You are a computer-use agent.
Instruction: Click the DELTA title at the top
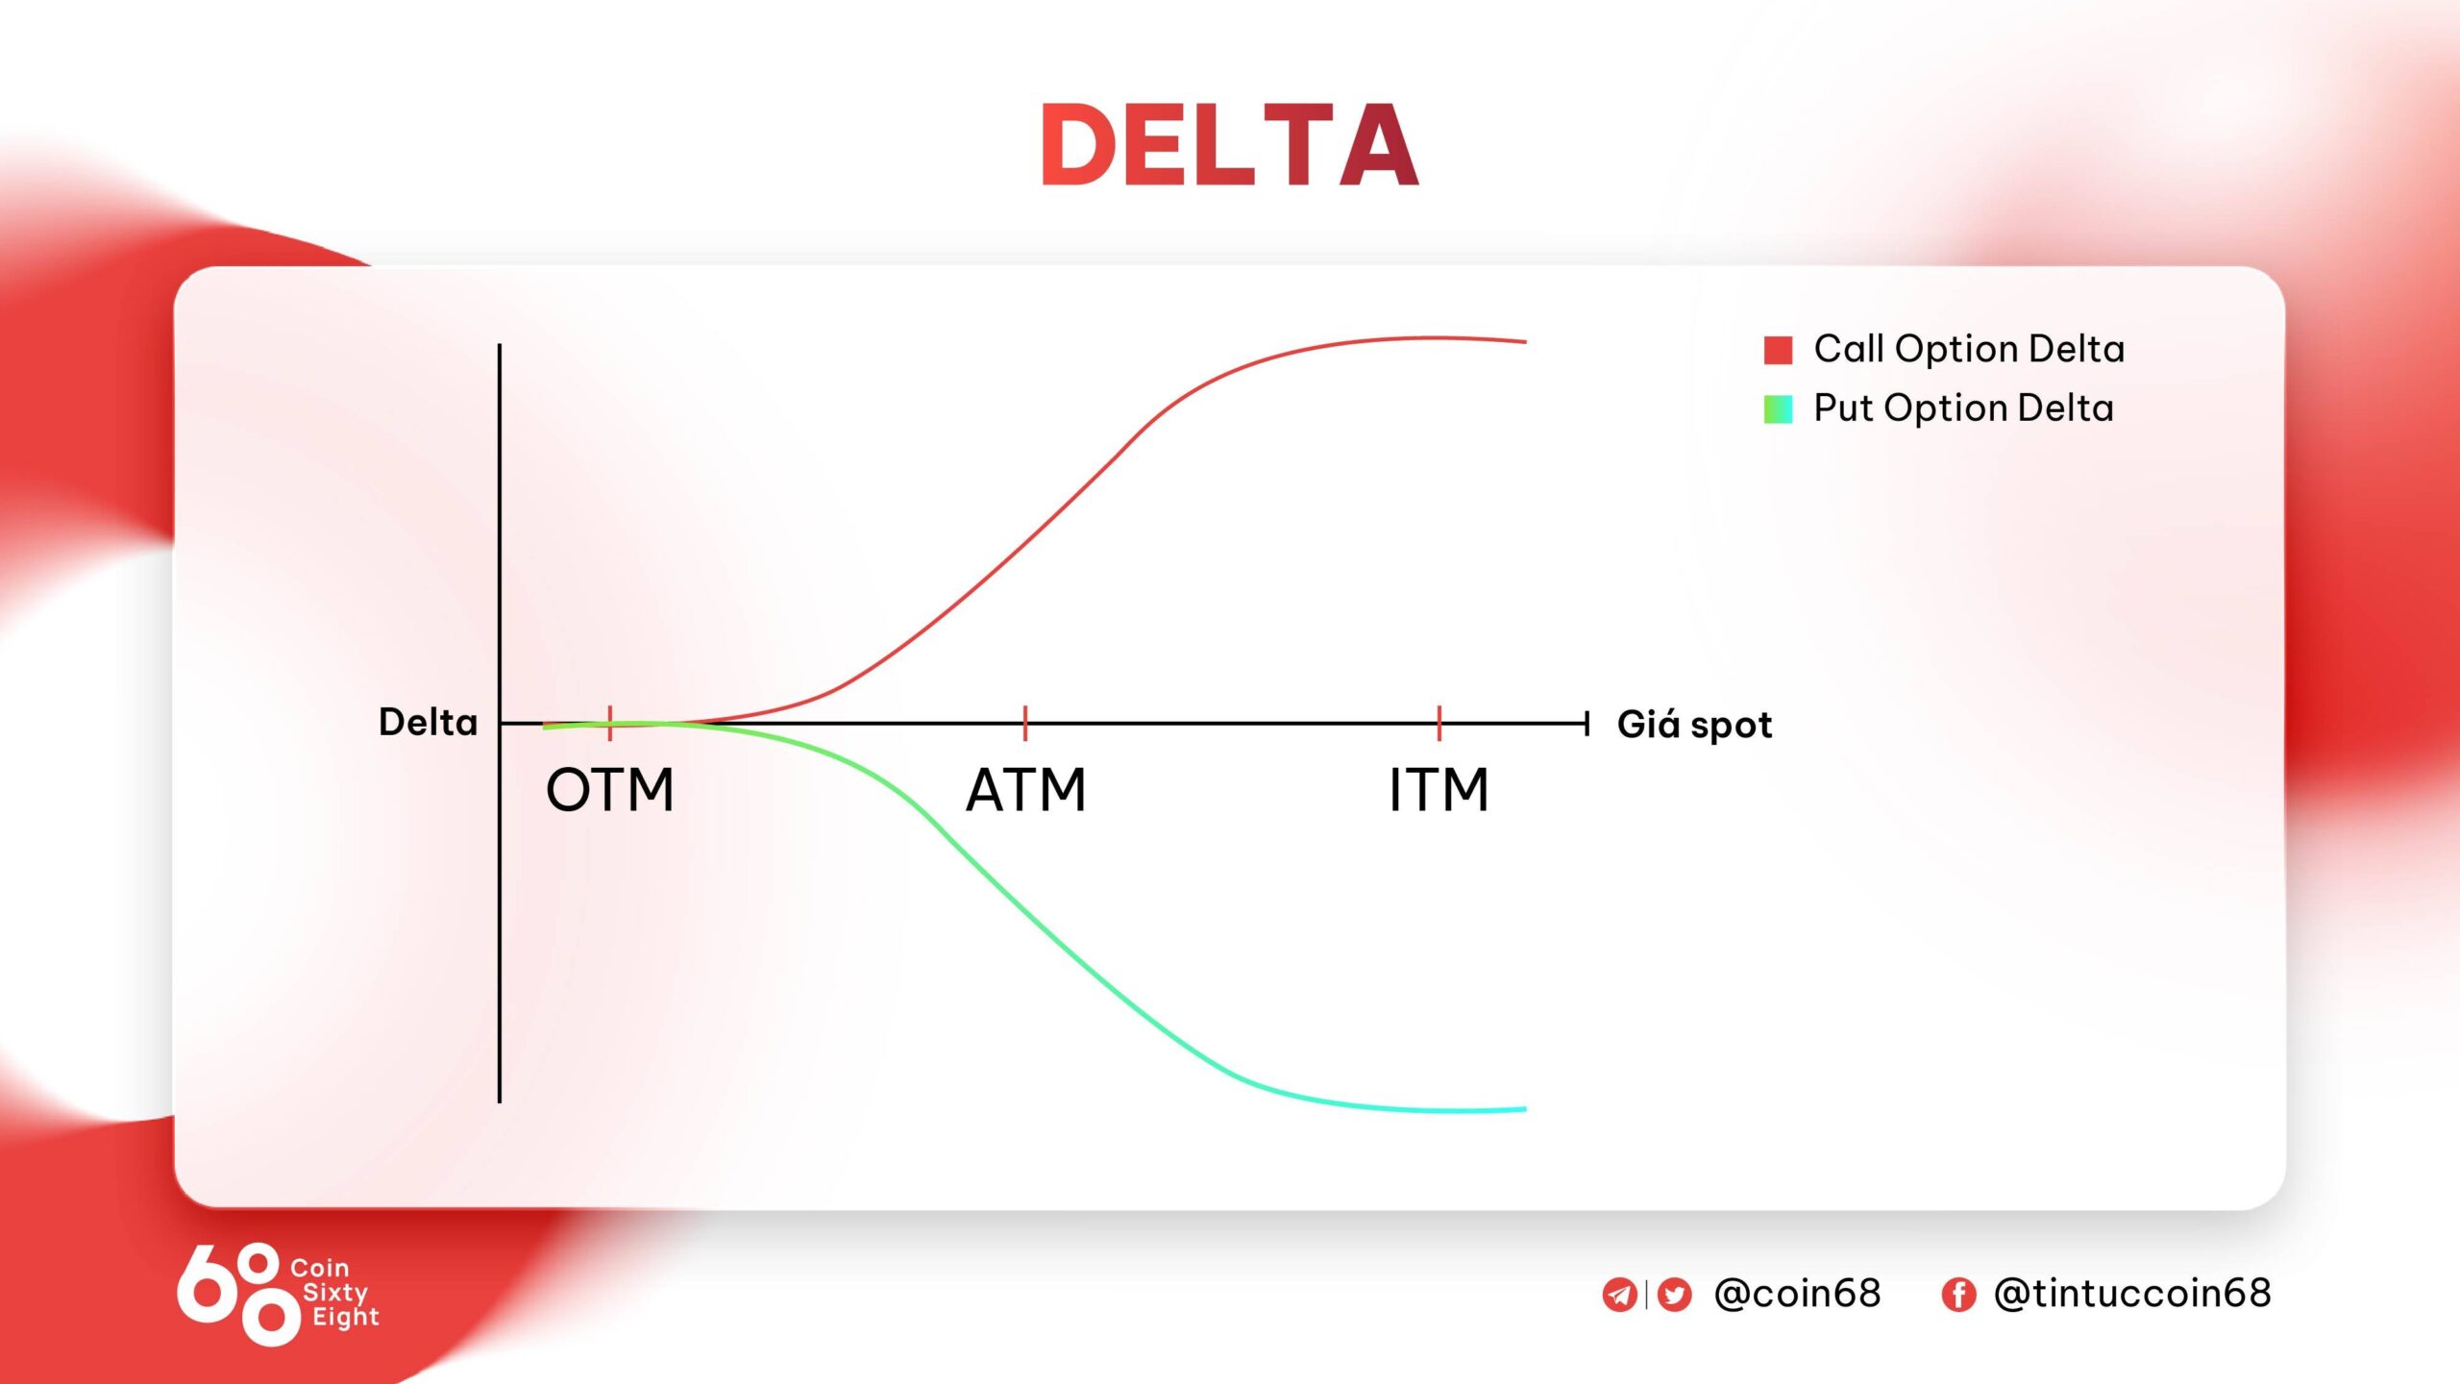click(x=1229, y=145)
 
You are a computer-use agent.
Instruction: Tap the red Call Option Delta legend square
click(x=1778, y=350)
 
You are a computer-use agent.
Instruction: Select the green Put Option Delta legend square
click(x=1778, y=409)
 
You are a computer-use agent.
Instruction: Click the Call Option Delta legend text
click(x=1969, y=349)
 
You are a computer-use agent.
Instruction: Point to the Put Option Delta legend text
click(x=1963, y=408)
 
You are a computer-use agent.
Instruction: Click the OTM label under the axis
click(x=610, y=790)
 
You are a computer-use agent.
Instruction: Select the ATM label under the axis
click(x=1025, y=790)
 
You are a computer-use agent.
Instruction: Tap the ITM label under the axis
click(x=1439, y=790)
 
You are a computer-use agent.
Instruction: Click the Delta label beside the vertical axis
click(x=428, y=722)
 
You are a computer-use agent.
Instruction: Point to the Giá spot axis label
click(x=1694, y=724)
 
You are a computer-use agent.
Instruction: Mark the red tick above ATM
click(x=1025, y=722)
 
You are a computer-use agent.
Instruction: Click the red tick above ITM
click(x=1439, y=722)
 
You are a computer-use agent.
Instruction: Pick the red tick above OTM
click(x=610, y=722)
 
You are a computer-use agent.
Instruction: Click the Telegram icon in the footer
click(x=1619, y=1295)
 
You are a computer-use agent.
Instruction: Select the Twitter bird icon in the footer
click(x=1674, y=1295)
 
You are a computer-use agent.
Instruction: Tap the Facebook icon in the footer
click(x=1958, y=1295)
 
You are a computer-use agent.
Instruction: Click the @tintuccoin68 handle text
click(x=2132, y=1294)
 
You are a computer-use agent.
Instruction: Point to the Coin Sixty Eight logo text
click(x=334, y=1293)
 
